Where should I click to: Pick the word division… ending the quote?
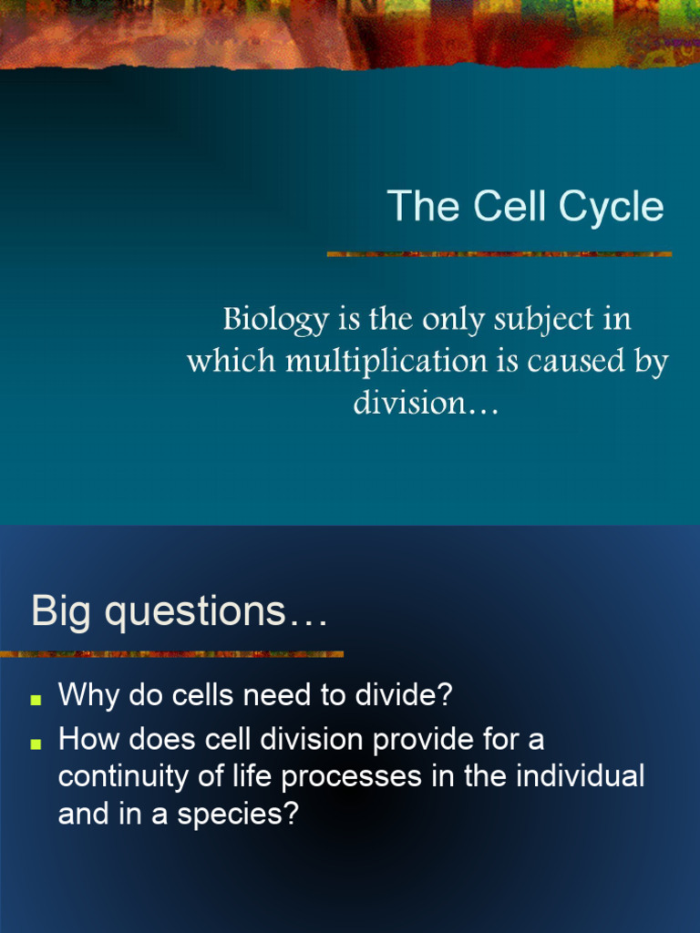pyautogui.click(x=427, y=402)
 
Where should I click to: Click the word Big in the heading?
pyautogui.click(x=62, y=611)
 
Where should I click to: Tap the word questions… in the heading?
pyautogui.click(x=215, y=612)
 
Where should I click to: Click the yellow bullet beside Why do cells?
pyautogui.click(x=36, y=700)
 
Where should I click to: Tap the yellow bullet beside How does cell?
pyautogui.click(x=36, y=743)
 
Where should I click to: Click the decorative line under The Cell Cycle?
pyautogui.click(x=499, y=254)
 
